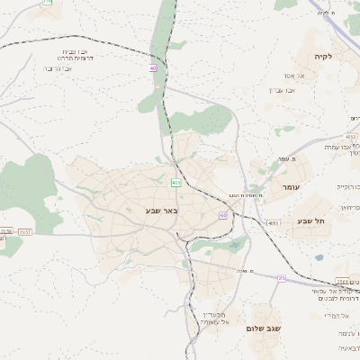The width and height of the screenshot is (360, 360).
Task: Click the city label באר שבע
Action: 161,211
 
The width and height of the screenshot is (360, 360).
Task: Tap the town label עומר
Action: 290,186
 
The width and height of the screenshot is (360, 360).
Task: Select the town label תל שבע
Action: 310,220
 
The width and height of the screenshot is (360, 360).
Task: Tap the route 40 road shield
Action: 153,68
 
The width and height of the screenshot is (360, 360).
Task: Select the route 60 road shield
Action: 222,215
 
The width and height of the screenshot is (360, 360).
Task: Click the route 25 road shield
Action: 281,278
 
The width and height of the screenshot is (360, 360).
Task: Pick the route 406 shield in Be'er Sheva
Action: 175,182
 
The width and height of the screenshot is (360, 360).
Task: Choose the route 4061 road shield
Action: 274,222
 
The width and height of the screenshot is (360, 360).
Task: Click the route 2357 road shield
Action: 24,232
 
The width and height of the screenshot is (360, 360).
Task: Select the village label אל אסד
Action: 294,76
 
